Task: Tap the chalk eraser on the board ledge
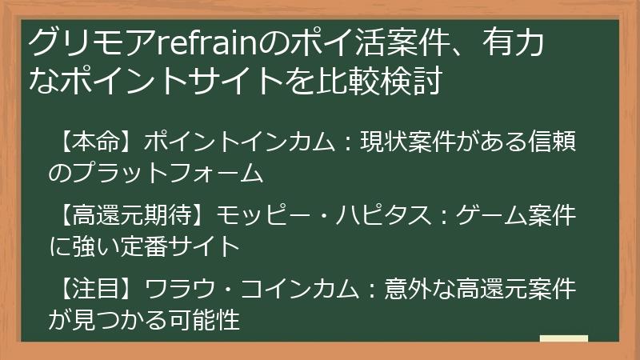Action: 563,340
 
